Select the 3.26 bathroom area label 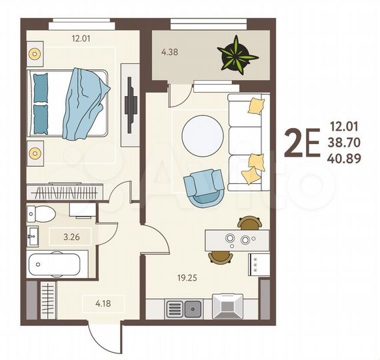pyautogui.click(x=62, y=235)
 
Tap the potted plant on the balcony pyautogui.click(x=237, y=53)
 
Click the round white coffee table pyautogui.click(x=202, y=135)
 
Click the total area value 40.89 pyautogui.click(x=345, y=157)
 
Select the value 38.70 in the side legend pyautogui.click(x=345, y=141)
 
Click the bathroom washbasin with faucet pyautogui.click(x=33, y=234)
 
